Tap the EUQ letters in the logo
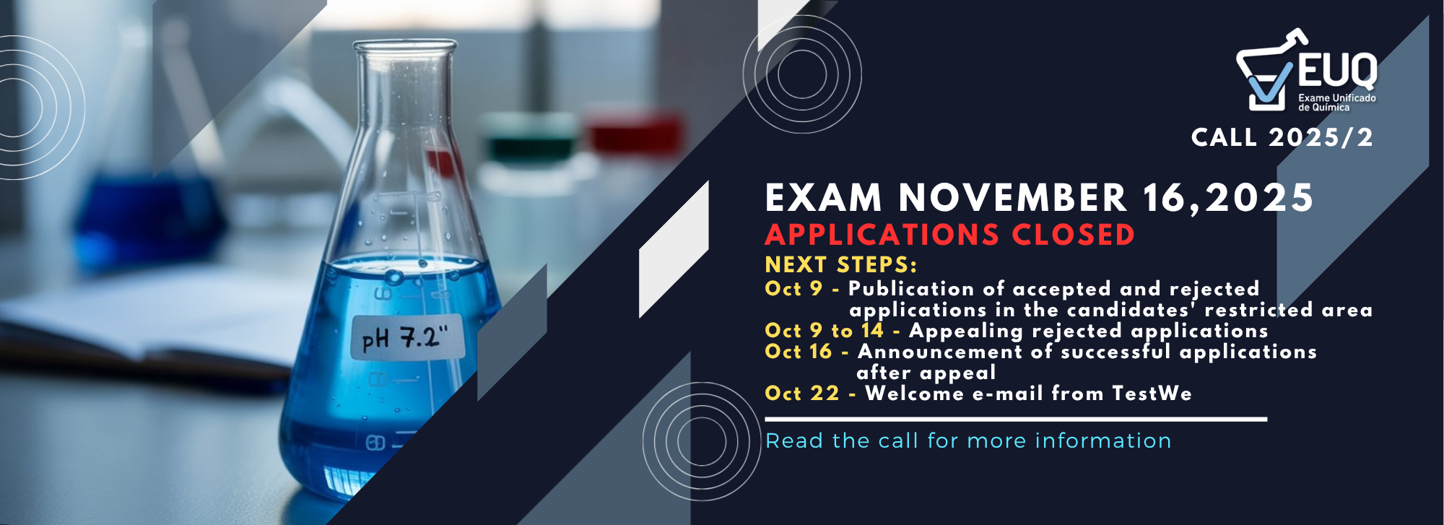(x=1338, y=71)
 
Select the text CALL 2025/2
(x=1282, y=137)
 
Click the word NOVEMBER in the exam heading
(x=1013, y=198)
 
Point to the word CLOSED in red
(x=1073, y=235)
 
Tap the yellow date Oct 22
(x=802, y=394)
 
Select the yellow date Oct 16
(x=799, y=352)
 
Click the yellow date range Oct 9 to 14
(x=825, y=331)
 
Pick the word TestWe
(x=1152, y=394)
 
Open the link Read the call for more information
(x=968, y=441)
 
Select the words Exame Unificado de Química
(x=1337, y=103)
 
